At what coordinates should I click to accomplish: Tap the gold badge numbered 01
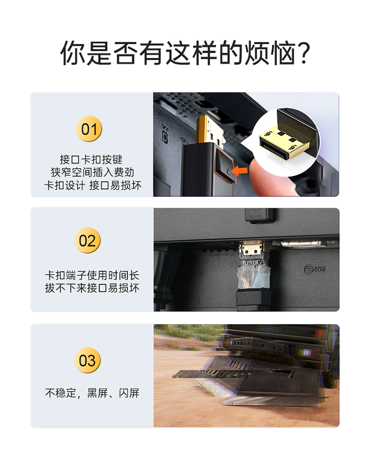point(89,129)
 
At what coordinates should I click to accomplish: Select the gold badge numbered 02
point(87,240)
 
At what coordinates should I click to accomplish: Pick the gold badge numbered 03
point(87,361)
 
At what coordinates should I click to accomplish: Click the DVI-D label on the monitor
point(315,269)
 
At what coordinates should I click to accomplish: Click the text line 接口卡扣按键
point(91,159)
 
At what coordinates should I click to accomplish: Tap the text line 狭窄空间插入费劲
point(92,172)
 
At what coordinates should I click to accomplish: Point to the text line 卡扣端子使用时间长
point(92,275)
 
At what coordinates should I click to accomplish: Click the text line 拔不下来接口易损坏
point(92,288)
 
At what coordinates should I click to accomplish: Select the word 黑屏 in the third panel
point(97,393)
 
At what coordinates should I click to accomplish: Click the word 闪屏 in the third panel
point(129,393)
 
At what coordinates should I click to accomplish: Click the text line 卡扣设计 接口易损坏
point(93,185)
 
